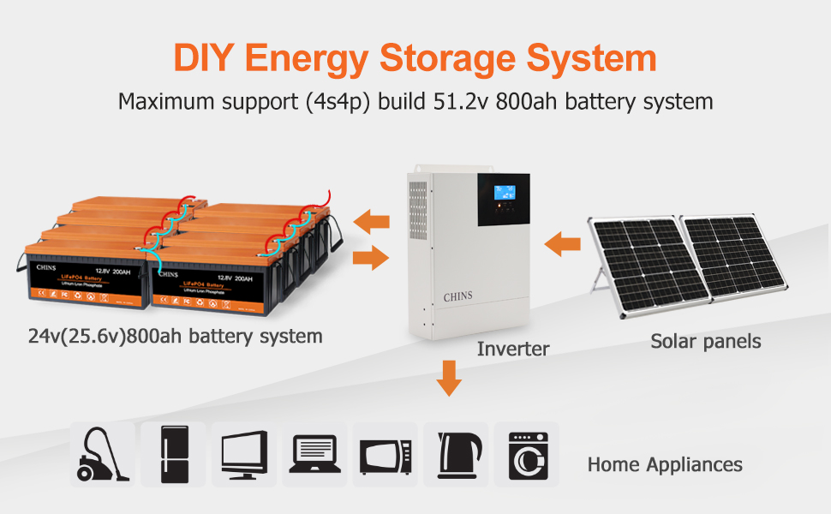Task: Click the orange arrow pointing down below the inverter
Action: click(447, 378)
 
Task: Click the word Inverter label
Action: click(513, 349)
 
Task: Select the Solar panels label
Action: click(705, 341)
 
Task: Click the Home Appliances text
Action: click(665, 465)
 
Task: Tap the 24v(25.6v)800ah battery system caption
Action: click(175, 336)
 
